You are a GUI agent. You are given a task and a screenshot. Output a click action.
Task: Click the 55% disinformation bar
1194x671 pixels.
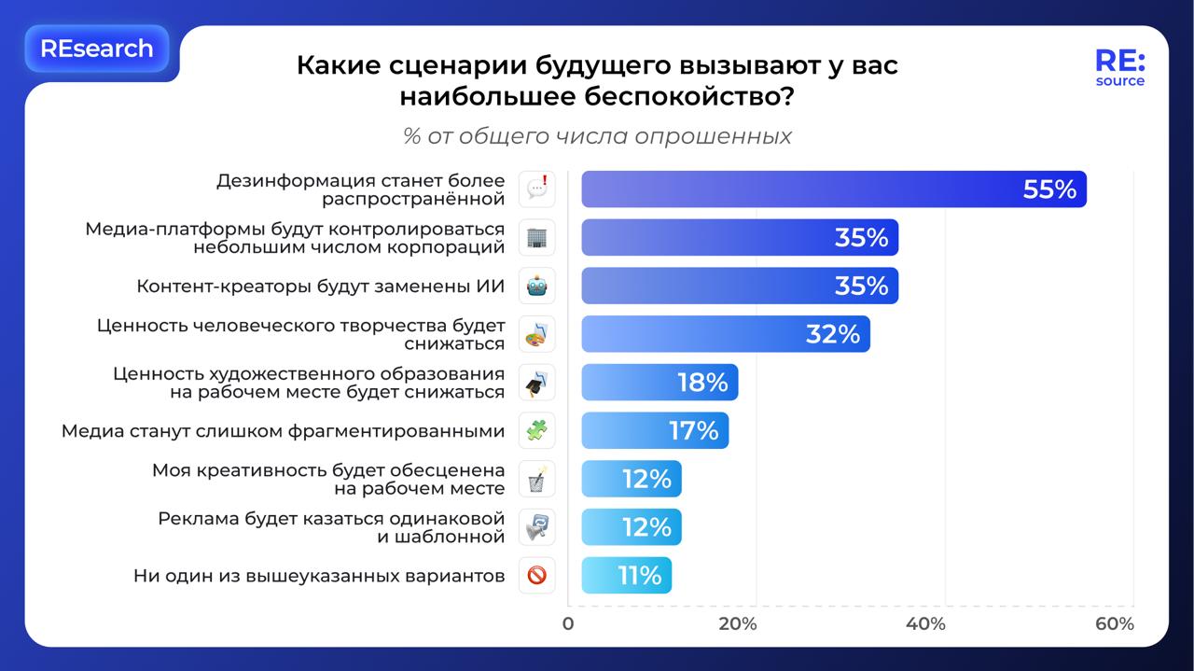833,189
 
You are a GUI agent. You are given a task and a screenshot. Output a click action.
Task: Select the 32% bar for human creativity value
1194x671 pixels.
725,334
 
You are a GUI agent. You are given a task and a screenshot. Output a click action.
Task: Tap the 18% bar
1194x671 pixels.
659,383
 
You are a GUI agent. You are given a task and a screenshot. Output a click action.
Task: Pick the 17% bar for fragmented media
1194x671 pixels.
654,431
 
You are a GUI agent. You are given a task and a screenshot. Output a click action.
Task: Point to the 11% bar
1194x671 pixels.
625,576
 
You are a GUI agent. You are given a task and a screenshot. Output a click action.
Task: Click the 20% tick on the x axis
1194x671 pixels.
737,623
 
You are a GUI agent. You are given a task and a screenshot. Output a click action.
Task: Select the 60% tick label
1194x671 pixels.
1114,623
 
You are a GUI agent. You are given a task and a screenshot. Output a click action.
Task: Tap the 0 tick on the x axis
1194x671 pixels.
568,623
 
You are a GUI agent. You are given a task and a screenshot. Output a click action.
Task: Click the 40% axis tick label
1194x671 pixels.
925,623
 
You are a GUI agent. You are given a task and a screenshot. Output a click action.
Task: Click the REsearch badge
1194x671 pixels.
96,49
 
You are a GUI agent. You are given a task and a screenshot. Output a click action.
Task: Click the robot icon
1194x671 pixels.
536,286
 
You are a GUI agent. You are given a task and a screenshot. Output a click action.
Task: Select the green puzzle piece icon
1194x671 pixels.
536,431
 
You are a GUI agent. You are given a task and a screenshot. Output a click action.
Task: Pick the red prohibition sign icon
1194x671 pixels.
536,576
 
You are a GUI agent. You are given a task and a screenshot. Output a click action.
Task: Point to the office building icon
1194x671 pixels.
536,237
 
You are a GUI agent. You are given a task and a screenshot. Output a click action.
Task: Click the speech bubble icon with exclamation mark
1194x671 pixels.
536,189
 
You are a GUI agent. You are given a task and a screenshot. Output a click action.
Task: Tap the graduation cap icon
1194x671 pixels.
536,383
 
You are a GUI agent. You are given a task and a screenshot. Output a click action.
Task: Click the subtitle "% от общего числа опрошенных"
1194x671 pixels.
597,136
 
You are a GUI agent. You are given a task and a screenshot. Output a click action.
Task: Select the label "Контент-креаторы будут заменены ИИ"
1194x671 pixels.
321,286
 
